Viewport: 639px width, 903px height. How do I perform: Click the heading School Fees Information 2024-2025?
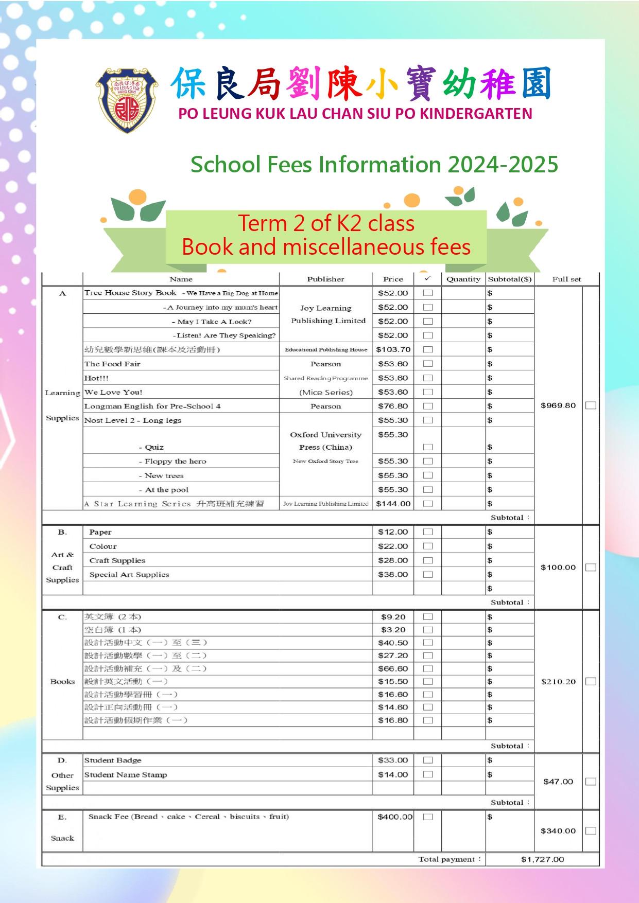point(374,165)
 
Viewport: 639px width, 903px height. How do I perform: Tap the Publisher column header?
point(325,279)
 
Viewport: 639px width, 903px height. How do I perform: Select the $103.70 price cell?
point(393,349)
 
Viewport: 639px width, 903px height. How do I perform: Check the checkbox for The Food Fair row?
point(427,364)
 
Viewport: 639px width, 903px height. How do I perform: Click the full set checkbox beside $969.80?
point(591,405)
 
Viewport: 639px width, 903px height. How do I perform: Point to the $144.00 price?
point(393,504)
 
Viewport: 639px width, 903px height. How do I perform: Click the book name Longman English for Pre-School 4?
point(152,406)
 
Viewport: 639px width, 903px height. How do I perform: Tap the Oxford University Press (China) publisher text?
point(325,441)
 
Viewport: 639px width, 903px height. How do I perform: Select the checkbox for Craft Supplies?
point(427,560)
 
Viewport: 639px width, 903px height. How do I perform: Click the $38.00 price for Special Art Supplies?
point(393,574)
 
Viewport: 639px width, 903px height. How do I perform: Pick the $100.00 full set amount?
point(558,568)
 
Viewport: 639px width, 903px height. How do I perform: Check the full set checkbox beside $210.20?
point(591,681)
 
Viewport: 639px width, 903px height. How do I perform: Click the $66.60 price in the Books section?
point(393,668)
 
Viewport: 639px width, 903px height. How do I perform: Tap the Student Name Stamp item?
point(126,774)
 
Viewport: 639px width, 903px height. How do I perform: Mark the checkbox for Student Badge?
point(427,760)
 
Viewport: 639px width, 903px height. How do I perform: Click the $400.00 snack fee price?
point(394,817)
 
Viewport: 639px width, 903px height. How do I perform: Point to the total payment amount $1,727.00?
point(542,859)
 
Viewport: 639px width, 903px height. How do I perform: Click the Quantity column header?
point(463,279)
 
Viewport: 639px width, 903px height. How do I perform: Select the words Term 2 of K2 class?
point(326,223)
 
